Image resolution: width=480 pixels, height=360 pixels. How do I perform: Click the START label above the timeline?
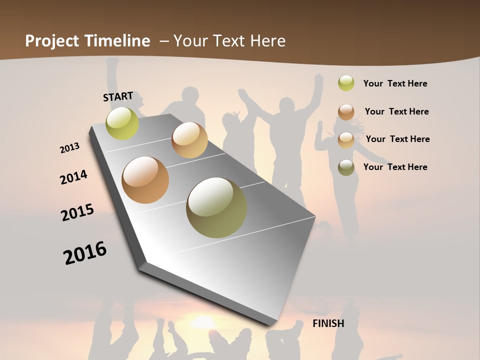[x=118, y=96]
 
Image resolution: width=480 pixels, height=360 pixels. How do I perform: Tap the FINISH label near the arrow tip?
[x=328, y=323]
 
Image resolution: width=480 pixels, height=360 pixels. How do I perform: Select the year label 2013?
[x=70, y=148]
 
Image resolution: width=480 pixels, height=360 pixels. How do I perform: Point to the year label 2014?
[x=73, y=177]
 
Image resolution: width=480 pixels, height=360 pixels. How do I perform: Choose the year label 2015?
[x=77, y=212]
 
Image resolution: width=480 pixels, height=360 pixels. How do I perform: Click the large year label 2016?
[x=85, y=253]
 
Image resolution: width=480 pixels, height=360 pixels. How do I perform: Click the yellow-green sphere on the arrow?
[x=122, y=123]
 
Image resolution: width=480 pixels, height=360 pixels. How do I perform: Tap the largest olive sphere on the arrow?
[x=216, y=207]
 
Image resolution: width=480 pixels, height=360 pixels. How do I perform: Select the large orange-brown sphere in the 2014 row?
[x=145, y=180]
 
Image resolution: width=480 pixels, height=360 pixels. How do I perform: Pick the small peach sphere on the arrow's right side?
[x=189, y=140]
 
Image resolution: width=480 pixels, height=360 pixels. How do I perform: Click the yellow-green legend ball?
[x=346, y=83]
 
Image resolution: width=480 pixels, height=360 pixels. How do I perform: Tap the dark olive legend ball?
[x=346, y=167]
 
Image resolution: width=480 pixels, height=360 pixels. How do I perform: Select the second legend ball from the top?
[x=346, y=111]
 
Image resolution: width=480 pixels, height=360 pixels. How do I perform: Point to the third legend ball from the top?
[x=346, y=139]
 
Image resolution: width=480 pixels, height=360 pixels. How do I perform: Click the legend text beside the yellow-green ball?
[x=395, y=83]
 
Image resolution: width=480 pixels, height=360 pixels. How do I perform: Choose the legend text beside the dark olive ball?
[x=395, y=167]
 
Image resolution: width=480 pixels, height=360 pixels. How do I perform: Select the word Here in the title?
[x=267, y=41]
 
